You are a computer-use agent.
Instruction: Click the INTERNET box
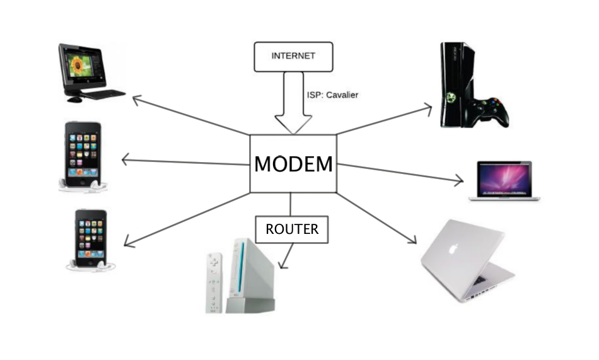[293, 56]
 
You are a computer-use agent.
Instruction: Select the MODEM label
[293, 164]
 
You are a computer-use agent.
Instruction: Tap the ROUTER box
[292, 229]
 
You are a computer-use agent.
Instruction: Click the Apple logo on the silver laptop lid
[452, 248]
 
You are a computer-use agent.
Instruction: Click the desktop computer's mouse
[74, 99]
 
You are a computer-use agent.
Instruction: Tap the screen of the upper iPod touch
[83, 154]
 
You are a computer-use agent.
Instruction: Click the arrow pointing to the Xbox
[385, 120]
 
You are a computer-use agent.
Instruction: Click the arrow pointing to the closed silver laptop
[378, 218]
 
